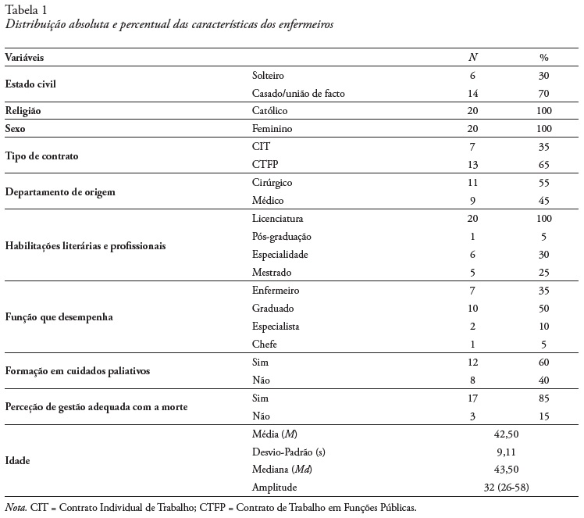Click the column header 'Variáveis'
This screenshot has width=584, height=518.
coord(26,58)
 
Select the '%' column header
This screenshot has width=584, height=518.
coord(544,58)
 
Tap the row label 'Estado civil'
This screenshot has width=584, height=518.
coord(30,84)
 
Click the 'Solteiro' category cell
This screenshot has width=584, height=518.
coord(269,76)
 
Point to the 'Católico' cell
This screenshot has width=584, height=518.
coord(270,111)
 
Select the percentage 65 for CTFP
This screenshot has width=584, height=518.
coord(544,165)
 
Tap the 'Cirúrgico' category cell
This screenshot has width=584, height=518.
coord(272,182)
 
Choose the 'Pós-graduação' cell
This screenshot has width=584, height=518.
coord(282,236)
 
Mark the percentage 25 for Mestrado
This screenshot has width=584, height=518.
coord(544,272)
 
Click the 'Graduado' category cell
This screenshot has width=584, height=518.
coord(272,308)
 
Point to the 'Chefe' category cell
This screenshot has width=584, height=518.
coord(265,344)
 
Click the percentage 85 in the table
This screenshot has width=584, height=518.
coord(544,398)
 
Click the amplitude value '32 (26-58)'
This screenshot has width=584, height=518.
coord(508,488)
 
